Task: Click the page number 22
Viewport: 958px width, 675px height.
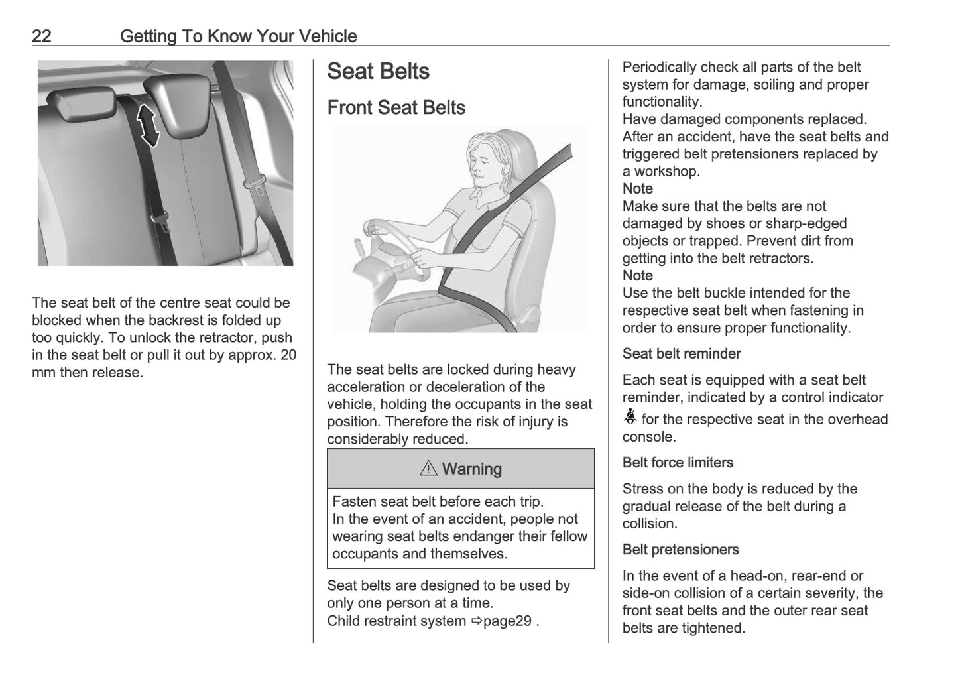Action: pyautogui.click(x=41, y=36)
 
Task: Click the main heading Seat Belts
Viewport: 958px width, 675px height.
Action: pyautogui.click(x=378, y=72)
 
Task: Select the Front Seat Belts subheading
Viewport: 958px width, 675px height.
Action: pyautogui.click(x=396, y=107)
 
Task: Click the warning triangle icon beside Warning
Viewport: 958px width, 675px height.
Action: pyautogui.click(x=428, y=469)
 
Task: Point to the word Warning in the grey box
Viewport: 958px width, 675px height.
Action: pyautogui.click(x=471, y=469)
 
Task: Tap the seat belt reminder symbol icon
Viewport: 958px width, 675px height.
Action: pyautogui.click(x=630, y=417)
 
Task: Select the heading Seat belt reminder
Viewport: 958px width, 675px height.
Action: pyautogui.click(x=681, y=354)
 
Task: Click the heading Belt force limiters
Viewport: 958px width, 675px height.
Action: pyautogui.click(x=678, y=463)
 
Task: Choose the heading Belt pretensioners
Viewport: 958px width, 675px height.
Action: pyautogui.click(x=680, y=550)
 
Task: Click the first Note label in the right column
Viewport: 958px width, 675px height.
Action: pyautogui.click(x=637, y=189)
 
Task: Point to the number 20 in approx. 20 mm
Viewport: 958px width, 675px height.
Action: pyautogui.click(x=288, y=355)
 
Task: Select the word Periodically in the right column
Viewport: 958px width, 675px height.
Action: pyautogui.click(x=659, y=68)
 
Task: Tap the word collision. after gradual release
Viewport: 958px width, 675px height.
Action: pyautogui.click(x=650, y=524)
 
